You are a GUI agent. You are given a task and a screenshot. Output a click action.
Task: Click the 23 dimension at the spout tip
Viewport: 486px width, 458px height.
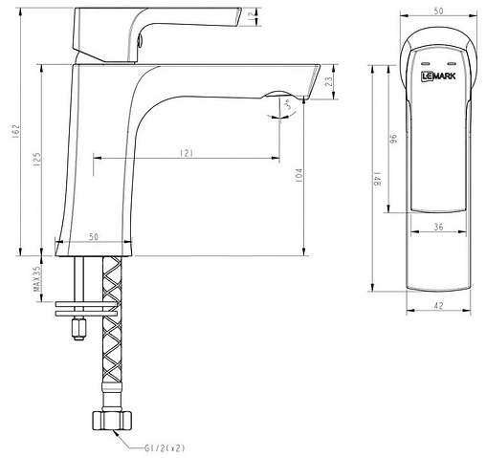[328, 83]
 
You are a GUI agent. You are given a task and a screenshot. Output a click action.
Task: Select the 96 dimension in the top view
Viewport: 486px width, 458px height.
[392, 140]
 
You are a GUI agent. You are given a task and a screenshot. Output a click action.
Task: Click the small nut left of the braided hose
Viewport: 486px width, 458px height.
[76, 331]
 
